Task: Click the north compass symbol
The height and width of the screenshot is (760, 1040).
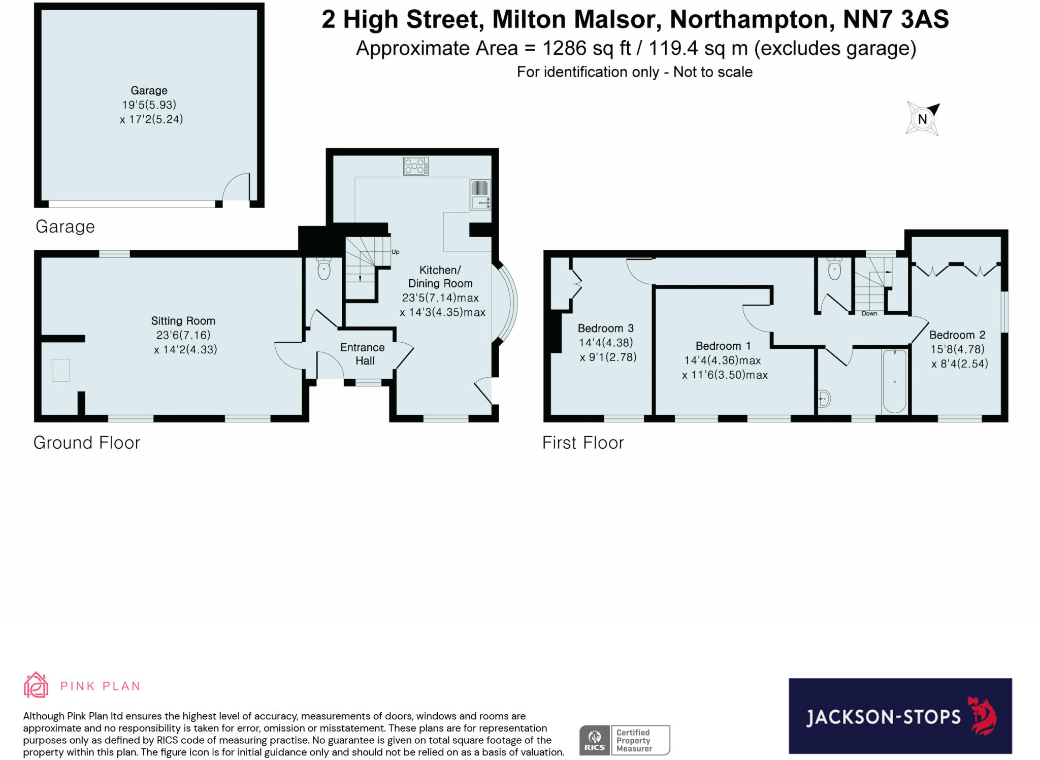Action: [x=923, y=119]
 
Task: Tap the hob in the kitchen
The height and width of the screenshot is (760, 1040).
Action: [x=415, y=166]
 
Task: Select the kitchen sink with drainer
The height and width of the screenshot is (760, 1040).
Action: [x=480, y=195]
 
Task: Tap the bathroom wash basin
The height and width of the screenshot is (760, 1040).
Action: [x=824, y=399]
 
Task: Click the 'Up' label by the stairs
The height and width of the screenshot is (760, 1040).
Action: [x=395, y=252]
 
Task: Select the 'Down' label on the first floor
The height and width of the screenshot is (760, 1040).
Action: [x=869, y=313]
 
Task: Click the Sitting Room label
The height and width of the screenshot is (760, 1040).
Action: [x=183, y=321]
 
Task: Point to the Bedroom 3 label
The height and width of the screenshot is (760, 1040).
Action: [x=605, y=328]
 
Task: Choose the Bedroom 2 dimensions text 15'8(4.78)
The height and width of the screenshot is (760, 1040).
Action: [x=957, y=349]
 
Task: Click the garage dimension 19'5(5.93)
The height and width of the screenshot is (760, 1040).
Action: [x=149, y=105]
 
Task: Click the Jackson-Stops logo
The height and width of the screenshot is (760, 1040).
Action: [x=900, y=716]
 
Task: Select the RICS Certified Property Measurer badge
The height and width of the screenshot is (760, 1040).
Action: [x=625, y=740]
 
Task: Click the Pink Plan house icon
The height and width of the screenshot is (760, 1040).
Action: [x=36, y=685]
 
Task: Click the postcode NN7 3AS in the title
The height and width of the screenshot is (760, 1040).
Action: [x=896, y=20]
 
